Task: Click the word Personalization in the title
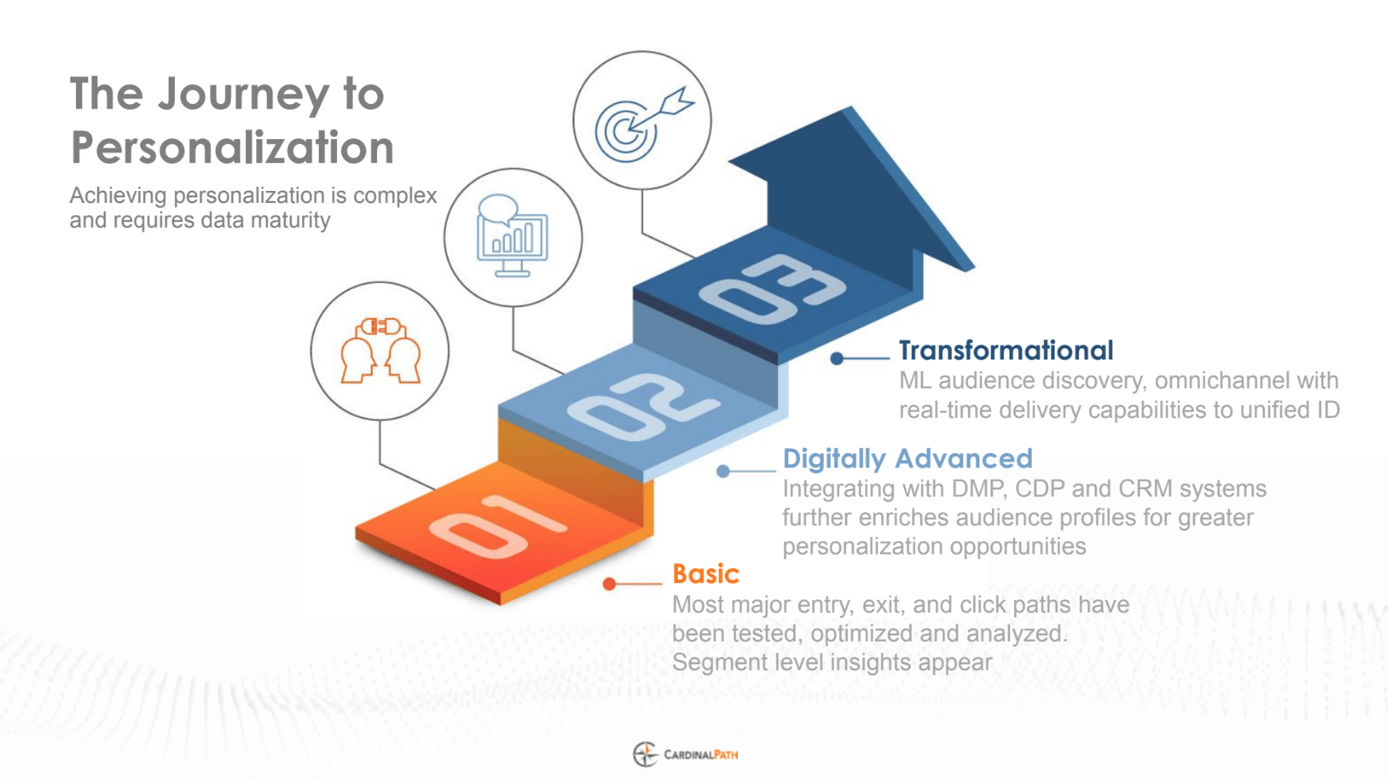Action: click(232, 147)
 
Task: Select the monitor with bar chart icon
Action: click(512, 236)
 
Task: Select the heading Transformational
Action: click(1005, 350)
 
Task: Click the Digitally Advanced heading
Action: click(907, 459)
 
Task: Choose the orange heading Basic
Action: click(706, 574)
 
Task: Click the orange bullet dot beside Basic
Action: click(609, 584)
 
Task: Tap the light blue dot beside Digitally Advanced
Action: click(723, 471)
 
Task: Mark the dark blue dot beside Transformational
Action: click(837, 359)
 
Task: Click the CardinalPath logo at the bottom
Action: click(685, 754)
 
